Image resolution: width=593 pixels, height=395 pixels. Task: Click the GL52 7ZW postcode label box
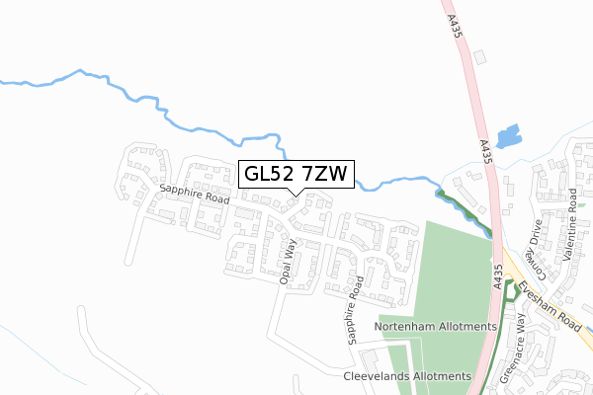pos(295,175)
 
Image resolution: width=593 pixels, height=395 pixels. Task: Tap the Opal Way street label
pos(288,260)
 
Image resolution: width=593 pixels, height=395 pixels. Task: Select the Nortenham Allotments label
pos(435,326)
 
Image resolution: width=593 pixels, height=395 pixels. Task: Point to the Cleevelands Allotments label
pos(407,376)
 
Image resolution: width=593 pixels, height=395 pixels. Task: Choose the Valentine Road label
pos(570,238)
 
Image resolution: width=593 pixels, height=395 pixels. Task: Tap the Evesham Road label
pos(551,288)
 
